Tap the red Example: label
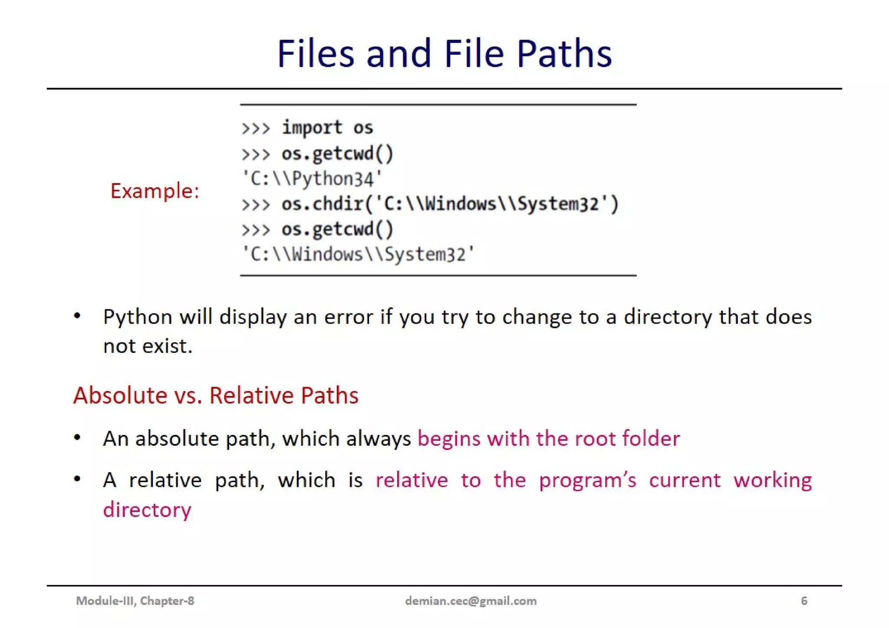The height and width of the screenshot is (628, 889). (x=155, y=191)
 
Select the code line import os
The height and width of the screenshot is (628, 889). (x=327, y=128)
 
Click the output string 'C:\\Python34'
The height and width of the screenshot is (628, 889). (x=312, y=179)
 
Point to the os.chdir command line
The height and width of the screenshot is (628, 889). (x=450, y=204)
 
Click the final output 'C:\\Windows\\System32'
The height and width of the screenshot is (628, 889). (x=358, y=254)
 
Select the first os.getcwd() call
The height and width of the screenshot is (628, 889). (x=337, y=153)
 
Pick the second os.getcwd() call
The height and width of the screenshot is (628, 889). (x=337, y=229)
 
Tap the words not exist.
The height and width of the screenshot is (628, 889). (x=148, y=346)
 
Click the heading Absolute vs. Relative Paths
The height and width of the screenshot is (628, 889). (x=216, y=395)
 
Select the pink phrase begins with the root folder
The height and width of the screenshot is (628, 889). (x=549, y=439)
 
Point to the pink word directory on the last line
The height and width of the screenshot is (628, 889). (x=147, y=510)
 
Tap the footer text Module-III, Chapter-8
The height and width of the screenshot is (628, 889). (x=135, y=601)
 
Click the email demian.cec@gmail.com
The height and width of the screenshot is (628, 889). (x=471, y=601)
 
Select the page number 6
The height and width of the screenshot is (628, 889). (x=804, y=601)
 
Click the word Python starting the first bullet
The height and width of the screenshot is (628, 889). (x=138, y=317)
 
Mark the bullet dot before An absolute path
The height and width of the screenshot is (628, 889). (x=77, y=438)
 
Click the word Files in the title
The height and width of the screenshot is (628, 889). (x=316, y=54)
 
